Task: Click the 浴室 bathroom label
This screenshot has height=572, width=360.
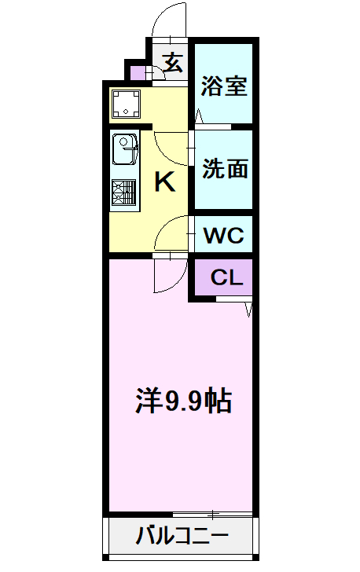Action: pos(224,86)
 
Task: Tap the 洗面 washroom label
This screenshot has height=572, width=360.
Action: pos(225,169)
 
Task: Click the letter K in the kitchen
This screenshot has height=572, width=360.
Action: pos(163,182)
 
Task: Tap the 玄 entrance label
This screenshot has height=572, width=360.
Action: pos(173,61)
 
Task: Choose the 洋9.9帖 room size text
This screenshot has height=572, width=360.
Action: pos(182,401)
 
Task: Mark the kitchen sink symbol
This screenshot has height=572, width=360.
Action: pos(124,148)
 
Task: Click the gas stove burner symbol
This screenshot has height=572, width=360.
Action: pos(124,192)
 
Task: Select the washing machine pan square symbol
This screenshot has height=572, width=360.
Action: pos(125,103)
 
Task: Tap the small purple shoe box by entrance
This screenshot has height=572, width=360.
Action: pos(138,74)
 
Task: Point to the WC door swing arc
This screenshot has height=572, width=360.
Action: pos(171,233)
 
